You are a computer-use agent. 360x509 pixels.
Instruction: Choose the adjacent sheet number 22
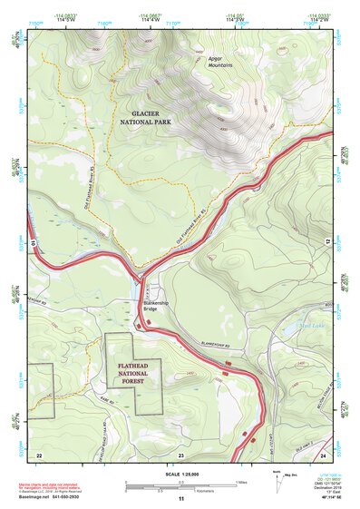39,454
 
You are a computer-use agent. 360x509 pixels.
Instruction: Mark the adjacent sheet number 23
181,454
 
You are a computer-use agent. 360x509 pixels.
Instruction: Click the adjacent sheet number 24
324,454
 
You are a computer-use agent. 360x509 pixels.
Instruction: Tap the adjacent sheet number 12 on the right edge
327,240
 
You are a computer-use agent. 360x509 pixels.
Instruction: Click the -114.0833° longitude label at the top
63,16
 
